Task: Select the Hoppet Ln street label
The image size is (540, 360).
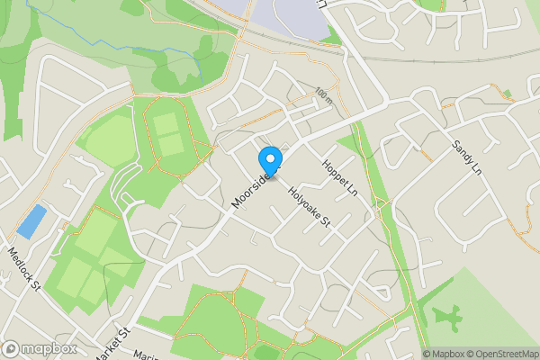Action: (340, 176)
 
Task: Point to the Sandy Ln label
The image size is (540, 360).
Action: (468, 157)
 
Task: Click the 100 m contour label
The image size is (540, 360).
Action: (323, 94)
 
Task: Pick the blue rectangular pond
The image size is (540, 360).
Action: (31, 221)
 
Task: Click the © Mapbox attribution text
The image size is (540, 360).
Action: (446, 354)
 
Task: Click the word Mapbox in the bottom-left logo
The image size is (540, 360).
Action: (49, 349)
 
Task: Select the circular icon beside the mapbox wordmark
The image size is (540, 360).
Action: (11, 349)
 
